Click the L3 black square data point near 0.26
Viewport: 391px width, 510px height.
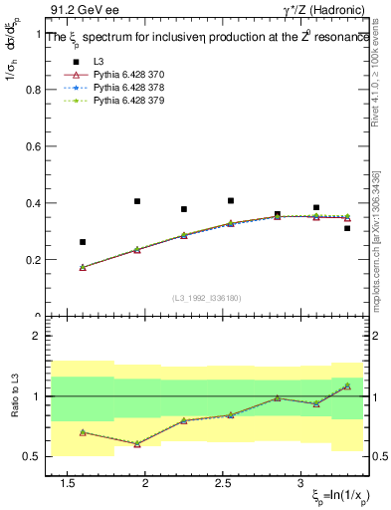click(x=83, y=242)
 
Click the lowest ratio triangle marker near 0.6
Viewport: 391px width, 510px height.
click(x=137, y=444)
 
